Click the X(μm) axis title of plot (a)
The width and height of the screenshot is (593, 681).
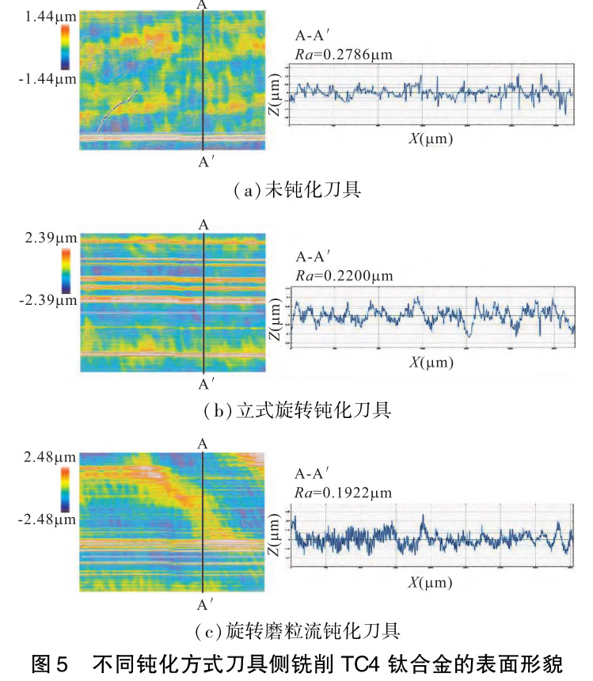tap(430, 139)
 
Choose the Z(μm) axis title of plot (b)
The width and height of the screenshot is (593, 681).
tap(275, 321)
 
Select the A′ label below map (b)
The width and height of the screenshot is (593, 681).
tap(203, 384)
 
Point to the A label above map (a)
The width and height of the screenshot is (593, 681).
tap(203, 6)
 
